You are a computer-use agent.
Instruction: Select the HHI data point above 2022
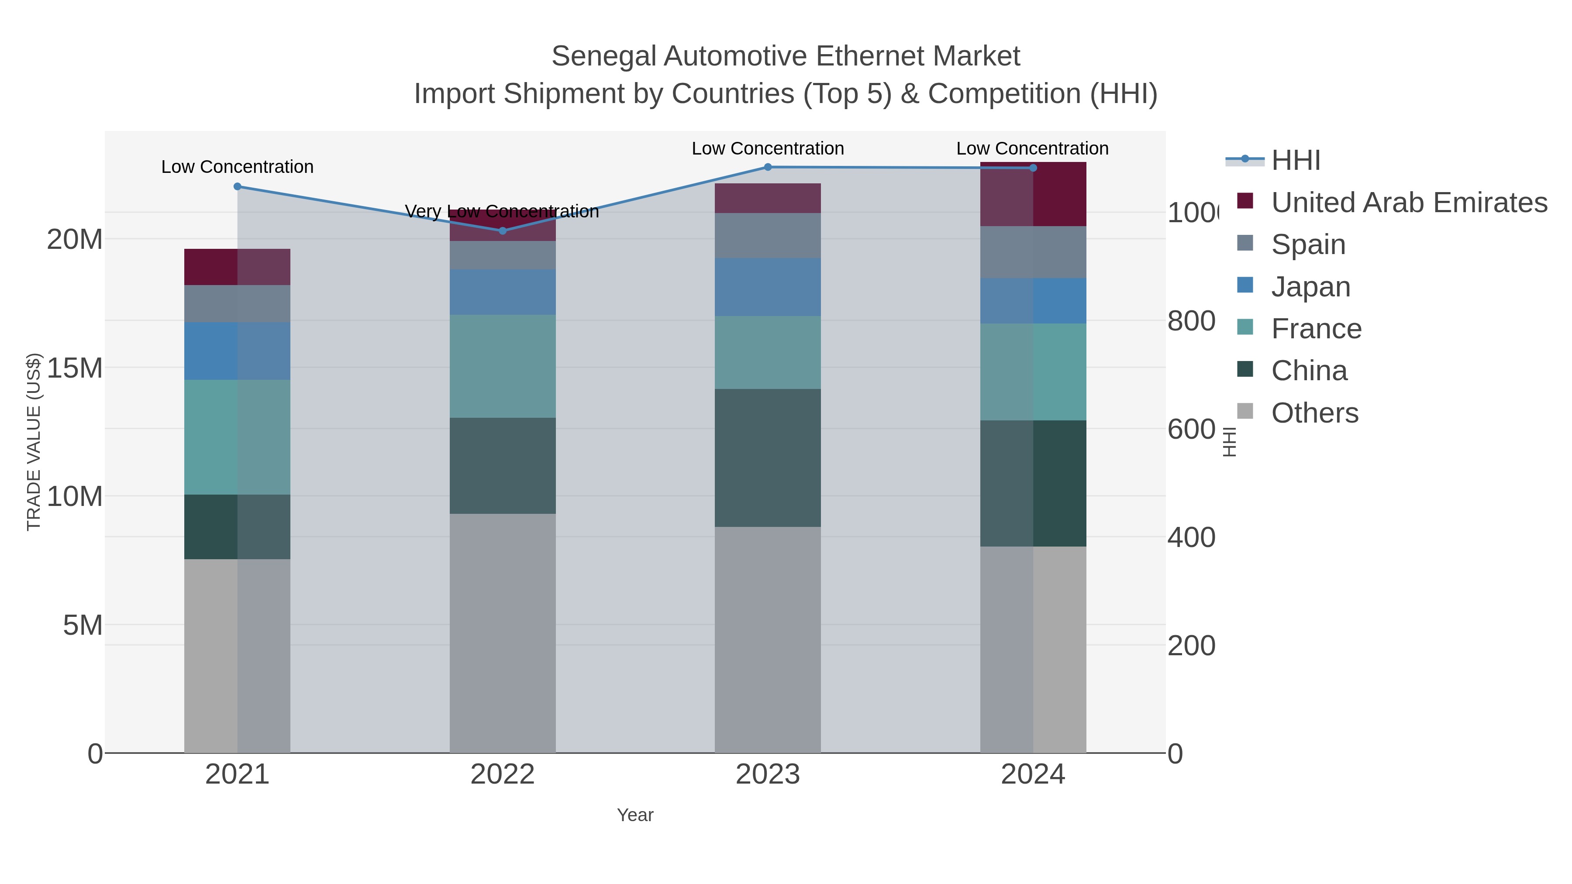(502, 230)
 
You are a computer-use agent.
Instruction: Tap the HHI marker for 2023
(768, 167)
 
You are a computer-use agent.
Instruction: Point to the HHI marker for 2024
(1033, 168)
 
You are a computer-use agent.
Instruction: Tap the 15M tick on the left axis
(74, 368)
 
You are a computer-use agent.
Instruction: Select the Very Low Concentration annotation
(502, 211)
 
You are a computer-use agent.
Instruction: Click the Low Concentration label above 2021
(238, 167)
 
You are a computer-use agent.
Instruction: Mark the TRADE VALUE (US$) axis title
(34, 442)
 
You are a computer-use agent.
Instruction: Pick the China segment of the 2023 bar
(768, 457)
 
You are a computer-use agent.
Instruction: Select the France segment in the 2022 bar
(502, 366)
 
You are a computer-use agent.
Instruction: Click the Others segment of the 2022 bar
(502, 633)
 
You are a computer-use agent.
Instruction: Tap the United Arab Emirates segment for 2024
(1033, 194)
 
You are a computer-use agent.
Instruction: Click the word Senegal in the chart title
(604, 56)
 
